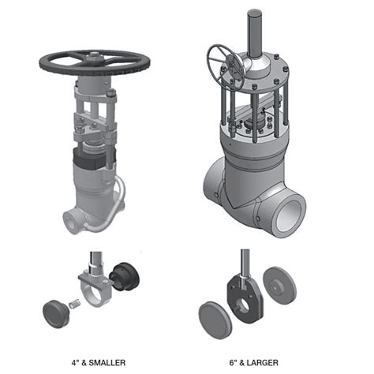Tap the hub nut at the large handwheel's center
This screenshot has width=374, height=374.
click(95, 57)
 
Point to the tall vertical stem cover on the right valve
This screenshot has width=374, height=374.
click(254, 33)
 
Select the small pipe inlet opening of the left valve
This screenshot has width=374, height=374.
click(71, 220)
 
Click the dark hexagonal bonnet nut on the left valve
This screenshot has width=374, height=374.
click(87, 159)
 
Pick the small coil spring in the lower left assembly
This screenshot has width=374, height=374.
click(74, 305)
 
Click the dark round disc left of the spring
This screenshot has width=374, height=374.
click(56, 313)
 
